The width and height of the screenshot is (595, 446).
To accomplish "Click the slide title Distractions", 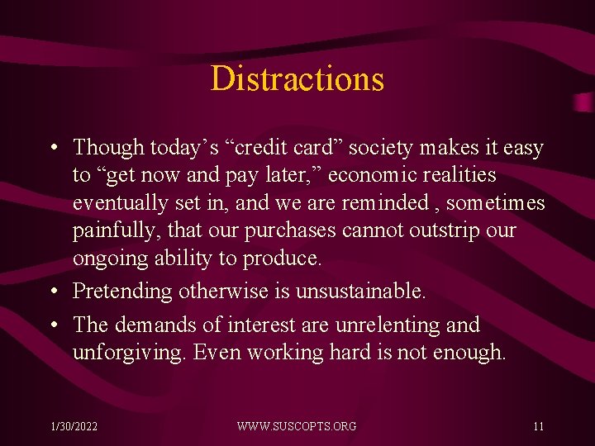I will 297,79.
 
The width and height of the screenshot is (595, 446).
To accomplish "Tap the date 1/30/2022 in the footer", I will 74,426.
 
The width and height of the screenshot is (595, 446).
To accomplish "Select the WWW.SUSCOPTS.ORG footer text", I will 297,426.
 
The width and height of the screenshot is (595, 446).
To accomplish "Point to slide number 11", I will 538,426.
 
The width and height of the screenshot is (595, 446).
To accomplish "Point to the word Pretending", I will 121,292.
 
